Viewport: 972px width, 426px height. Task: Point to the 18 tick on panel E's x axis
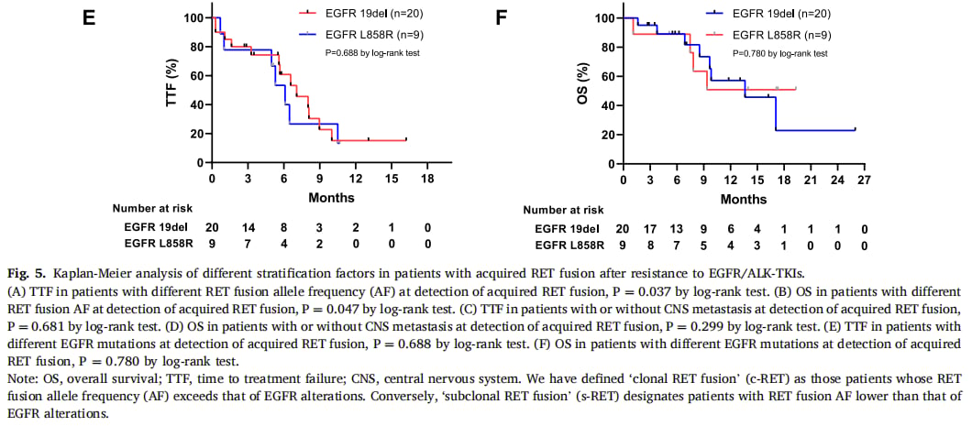pyautogui.click(x=427, y=180)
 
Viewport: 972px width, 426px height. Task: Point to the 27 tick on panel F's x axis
pyautogui.click(x=864, y=180)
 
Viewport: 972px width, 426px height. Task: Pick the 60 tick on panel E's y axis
pyautogui.click(x=195, y=75)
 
